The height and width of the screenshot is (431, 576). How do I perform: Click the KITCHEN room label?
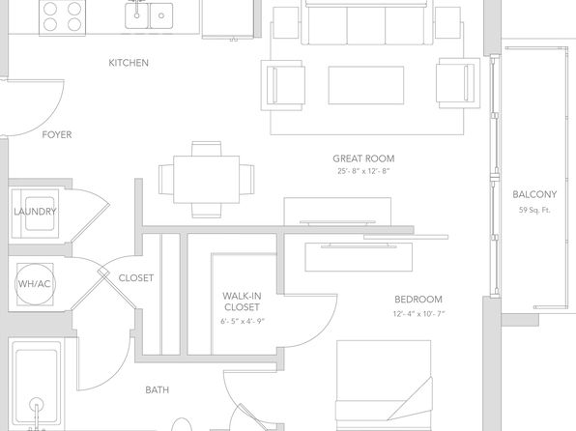pos(129,63)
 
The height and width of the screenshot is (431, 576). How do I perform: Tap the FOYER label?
pos(57,135)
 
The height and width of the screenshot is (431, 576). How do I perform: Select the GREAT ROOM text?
pos(363,158)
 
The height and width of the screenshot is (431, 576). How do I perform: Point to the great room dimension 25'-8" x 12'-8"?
pos(363,171)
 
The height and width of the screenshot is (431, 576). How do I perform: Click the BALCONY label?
pos(534,194)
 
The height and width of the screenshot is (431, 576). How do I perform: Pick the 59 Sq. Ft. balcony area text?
pos(534,210)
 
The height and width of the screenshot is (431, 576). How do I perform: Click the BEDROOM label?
pos(418,300)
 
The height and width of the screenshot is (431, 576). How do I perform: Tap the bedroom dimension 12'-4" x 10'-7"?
pos(418,314)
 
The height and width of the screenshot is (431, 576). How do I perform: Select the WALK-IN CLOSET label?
pos(242,302)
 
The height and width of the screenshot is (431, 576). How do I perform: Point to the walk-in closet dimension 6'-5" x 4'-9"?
pos(243,322)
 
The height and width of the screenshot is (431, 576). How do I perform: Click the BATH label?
pos(158,389)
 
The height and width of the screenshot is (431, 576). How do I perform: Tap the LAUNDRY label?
pos(35,212)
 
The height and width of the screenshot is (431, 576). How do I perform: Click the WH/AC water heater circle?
pos(35,284)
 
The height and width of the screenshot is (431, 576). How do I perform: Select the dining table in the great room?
pos(207,180)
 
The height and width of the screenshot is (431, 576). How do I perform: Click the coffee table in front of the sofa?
pos(366,85)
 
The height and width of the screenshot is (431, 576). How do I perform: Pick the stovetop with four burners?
pos(63,17)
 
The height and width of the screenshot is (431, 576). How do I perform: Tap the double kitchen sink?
pos(149,14)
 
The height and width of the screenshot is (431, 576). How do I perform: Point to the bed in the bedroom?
pos(384,386)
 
